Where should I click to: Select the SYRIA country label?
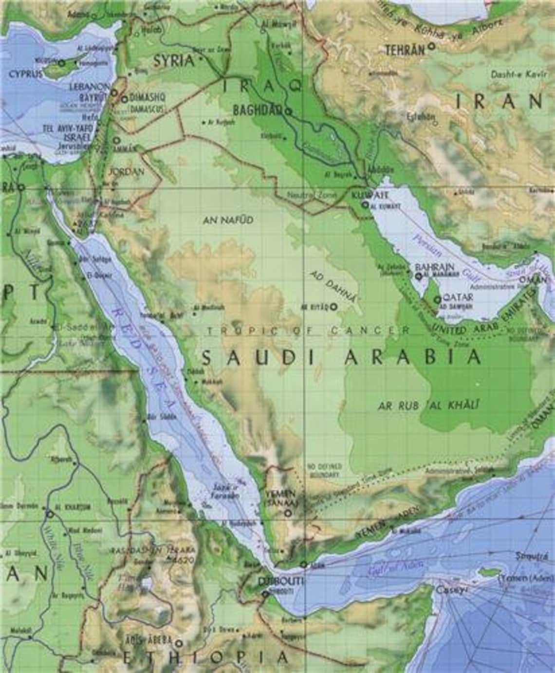[173, 61]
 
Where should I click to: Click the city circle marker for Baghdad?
[288, 111]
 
